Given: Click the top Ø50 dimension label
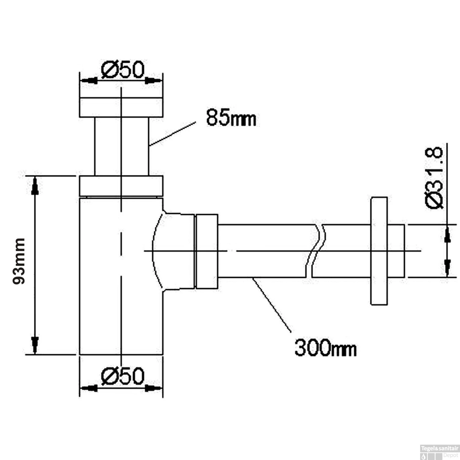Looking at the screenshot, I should (122, 70).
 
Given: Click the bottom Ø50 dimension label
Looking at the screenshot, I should (122, 376).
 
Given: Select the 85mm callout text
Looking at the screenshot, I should (231, 118).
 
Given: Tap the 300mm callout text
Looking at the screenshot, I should (325, 348).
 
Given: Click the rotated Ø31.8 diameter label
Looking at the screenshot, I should (434, 178).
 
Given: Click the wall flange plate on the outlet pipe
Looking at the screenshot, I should (379, 251).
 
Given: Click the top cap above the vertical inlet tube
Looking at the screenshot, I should (121, 107).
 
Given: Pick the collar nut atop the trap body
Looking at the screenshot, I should (121, 186).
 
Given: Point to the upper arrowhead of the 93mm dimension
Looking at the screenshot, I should (35, 185).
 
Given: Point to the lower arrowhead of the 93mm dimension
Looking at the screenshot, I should (35, 345).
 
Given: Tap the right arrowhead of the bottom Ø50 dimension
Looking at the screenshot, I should (153, 388).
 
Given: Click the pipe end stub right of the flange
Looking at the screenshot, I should (396, 251).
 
